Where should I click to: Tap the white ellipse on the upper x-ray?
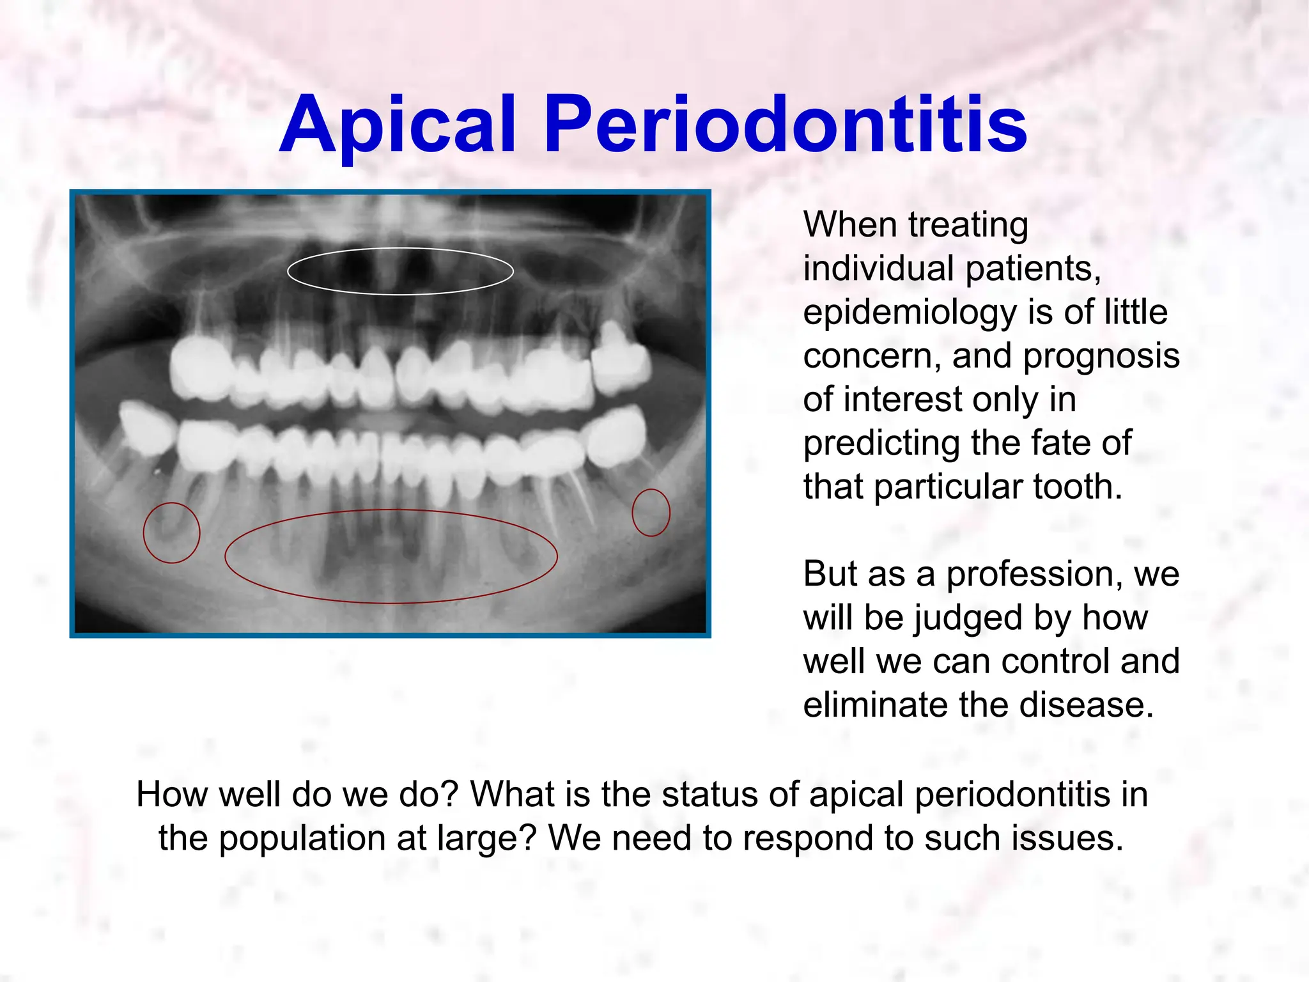(x=400, y=249)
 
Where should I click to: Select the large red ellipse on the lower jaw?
(x=391, y=511)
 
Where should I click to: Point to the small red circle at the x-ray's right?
(x=651, y=490)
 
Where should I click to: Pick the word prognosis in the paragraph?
(x=1101, y=356)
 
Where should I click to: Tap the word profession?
(x=1034, y=574)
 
